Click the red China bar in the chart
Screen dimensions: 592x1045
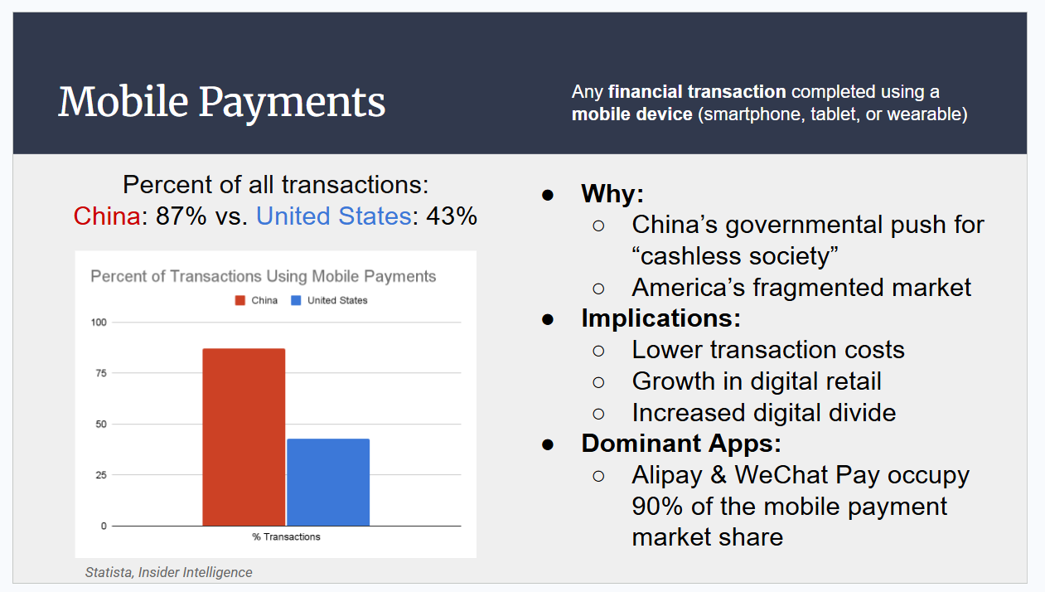244,437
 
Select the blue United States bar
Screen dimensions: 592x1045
328,482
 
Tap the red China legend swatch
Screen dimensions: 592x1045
240,300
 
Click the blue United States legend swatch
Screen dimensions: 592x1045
296,300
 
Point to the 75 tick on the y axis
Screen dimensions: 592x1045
101,373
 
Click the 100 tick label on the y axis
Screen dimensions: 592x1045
99,322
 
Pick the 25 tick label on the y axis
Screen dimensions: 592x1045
101,475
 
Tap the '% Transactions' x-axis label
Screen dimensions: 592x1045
286,537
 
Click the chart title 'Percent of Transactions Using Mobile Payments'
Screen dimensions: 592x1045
263,276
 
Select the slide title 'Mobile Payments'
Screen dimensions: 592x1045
222,102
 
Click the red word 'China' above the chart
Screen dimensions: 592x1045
107,216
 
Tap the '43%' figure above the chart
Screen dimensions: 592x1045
451,216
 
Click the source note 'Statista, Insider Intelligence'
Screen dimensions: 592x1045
168,572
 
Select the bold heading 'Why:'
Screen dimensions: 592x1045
612,194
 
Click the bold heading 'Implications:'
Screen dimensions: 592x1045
660,318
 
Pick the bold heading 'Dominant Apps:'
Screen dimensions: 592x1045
681,444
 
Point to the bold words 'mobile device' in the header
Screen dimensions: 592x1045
631,114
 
